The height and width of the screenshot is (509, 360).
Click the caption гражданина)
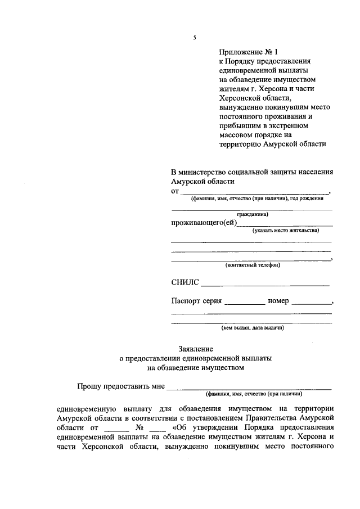click(252, 214)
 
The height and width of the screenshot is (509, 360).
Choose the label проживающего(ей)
click(204, 223)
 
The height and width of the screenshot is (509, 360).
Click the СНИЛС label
click(184, 282)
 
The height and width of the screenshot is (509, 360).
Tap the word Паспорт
click(186, 301)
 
